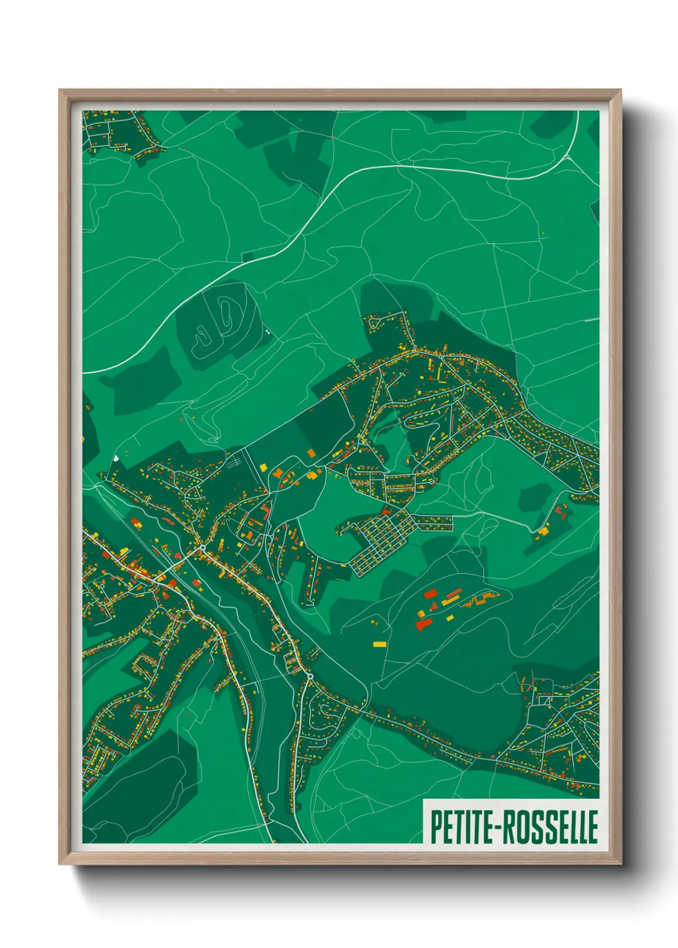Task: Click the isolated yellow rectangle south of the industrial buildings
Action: click(379, 644)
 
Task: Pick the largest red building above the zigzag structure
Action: click(430, 594)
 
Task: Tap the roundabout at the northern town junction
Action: click(203, 548)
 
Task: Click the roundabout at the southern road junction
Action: click(310, 676)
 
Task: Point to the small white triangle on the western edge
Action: click(116, 457)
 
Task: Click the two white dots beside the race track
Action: click(266, 332)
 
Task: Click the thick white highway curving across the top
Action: click(384, 168)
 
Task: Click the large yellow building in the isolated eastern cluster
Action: click(543, 530)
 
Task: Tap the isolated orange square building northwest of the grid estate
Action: click(311, 453)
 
